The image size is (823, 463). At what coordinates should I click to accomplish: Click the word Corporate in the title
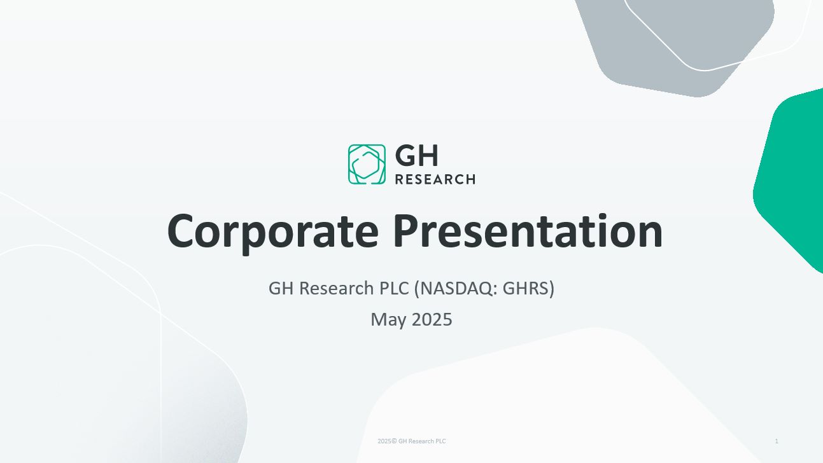tap(273, 232)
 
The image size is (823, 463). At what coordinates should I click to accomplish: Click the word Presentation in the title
tap(528, 231)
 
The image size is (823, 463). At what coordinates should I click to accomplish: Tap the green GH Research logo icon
tap(367, 164)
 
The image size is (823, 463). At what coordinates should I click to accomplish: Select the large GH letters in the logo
tap(417, 156)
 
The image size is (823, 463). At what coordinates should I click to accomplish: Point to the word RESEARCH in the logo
tap(435, 179)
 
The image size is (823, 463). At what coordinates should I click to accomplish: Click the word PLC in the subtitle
tap(394, 288)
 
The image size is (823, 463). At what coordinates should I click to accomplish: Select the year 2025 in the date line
tap(432, 319)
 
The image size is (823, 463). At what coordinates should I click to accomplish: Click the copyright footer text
tap(411, 441)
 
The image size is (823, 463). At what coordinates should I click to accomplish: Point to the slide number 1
tap(777, 441)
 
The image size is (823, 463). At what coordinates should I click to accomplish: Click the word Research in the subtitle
tap(336, 288)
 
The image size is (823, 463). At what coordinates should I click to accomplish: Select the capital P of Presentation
tap(407, 231)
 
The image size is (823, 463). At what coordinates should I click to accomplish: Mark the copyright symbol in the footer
tap(394, 441)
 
